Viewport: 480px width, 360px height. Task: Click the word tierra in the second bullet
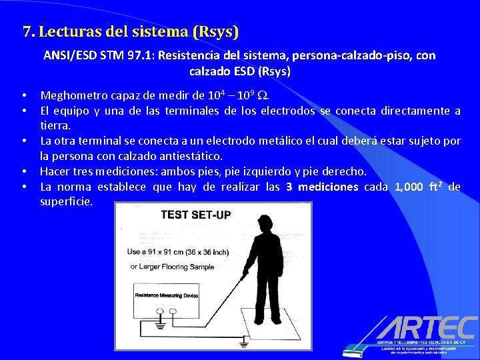click(54, 125)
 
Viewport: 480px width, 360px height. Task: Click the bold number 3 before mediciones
click(289, 187)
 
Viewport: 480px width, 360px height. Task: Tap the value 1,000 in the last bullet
click(413, 187)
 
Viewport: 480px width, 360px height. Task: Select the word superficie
click(65, 201)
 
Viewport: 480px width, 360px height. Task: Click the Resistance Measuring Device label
click(166, 295)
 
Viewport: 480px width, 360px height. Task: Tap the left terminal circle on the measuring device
click(160, 311)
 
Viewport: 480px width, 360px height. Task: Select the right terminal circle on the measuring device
click(173, 311)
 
